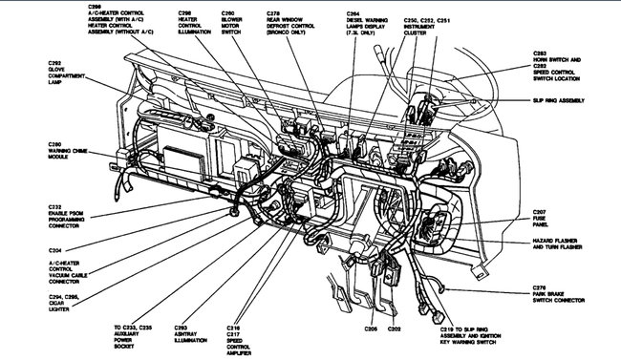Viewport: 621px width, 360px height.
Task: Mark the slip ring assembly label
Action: (x=569, y=100)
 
